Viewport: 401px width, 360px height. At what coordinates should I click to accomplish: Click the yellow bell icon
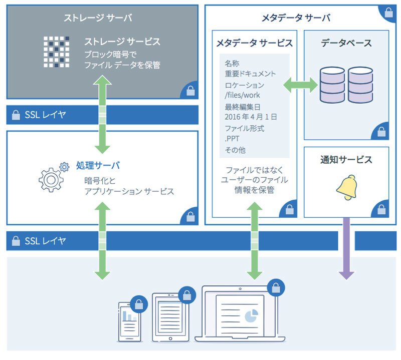pos(347,188)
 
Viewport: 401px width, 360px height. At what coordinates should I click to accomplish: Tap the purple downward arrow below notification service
pos(346,248)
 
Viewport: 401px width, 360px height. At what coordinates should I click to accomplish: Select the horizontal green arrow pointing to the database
pos(300,85)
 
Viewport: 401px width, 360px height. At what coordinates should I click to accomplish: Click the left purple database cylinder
pos(332,85)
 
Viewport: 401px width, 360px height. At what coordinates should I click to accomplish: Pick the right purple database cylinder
pos(360,85)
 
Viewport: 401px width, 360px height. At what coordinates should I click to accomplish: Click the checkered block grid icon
pos(56,52)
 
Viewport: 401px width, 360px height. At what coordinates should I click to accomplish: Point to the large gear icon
pos(51,180)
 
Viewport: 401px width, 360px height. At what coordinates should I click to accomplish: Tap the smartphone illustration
pos(130,321)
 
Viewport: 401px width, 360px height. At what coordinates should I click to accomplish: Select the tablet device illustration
pos(170,317)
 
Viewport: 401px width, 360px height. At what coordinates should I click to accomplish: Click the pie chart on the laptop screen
pos(252,316)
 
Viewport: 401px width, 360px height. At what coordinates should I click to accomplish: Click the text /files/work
pos(242,95)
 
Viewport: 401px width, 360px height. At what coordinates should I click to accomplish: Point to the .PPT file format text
pos(232,139)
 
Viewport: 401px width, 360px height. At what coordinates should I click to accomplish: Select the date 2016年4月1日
pos(251,117)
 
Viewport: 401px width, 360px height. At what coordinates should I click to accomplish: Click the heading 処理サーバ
pos(98,165)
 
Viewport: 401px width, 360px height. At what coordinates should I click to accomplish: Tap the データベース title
pos(346,43)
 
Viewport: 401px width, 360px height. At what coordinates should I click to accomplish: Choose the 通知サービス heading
pos(346,160)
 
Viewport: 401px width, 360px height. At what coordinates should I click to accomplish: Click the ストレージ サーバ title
pos(98,18)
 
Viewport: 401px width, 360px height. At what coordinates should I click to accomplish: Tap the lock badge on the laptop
pos(276,287)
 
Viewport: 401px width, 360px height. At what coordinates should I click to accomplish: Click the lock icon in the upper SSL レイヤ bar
pos(16,115)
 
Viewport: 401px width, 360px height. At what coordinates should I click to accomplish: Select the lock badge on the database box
pos(381,132)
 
